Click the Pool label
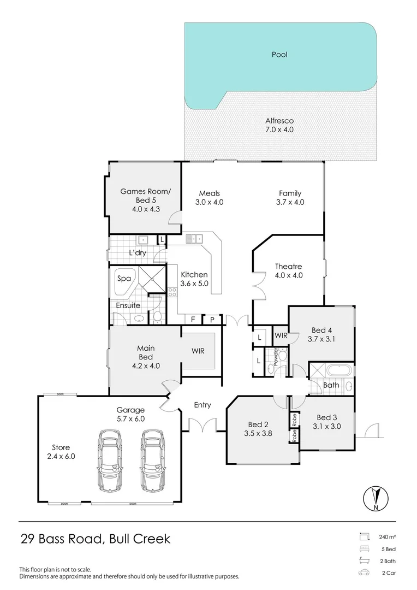point(279,55)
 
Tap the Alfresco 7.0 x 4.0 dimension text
point(279,130)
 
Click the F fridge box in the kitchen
point(193,320)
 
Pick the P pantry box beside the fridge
point(212,320)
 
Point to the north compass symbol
point(376,499)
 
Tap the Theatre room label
point(288,267)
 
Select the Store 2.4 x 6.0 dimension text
point(61,456)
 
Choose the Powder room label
point(276,357)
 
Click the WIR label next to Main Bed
point(198,351)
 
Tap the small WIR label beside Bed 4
point(281,335)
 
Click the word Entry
point(202,405)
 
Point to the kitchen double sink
point(194,238)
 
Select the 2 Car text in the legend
point(389,573)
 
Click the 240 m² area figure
point(388,537)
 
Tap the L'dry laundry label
point(137,253)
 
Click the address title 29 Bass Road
point(62,539)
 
